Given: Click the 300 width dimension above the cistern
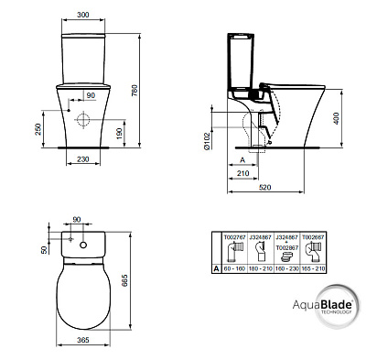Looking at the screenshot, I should pos(82,16).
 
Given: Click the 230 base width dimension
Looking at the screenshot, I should pos(82,158).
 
